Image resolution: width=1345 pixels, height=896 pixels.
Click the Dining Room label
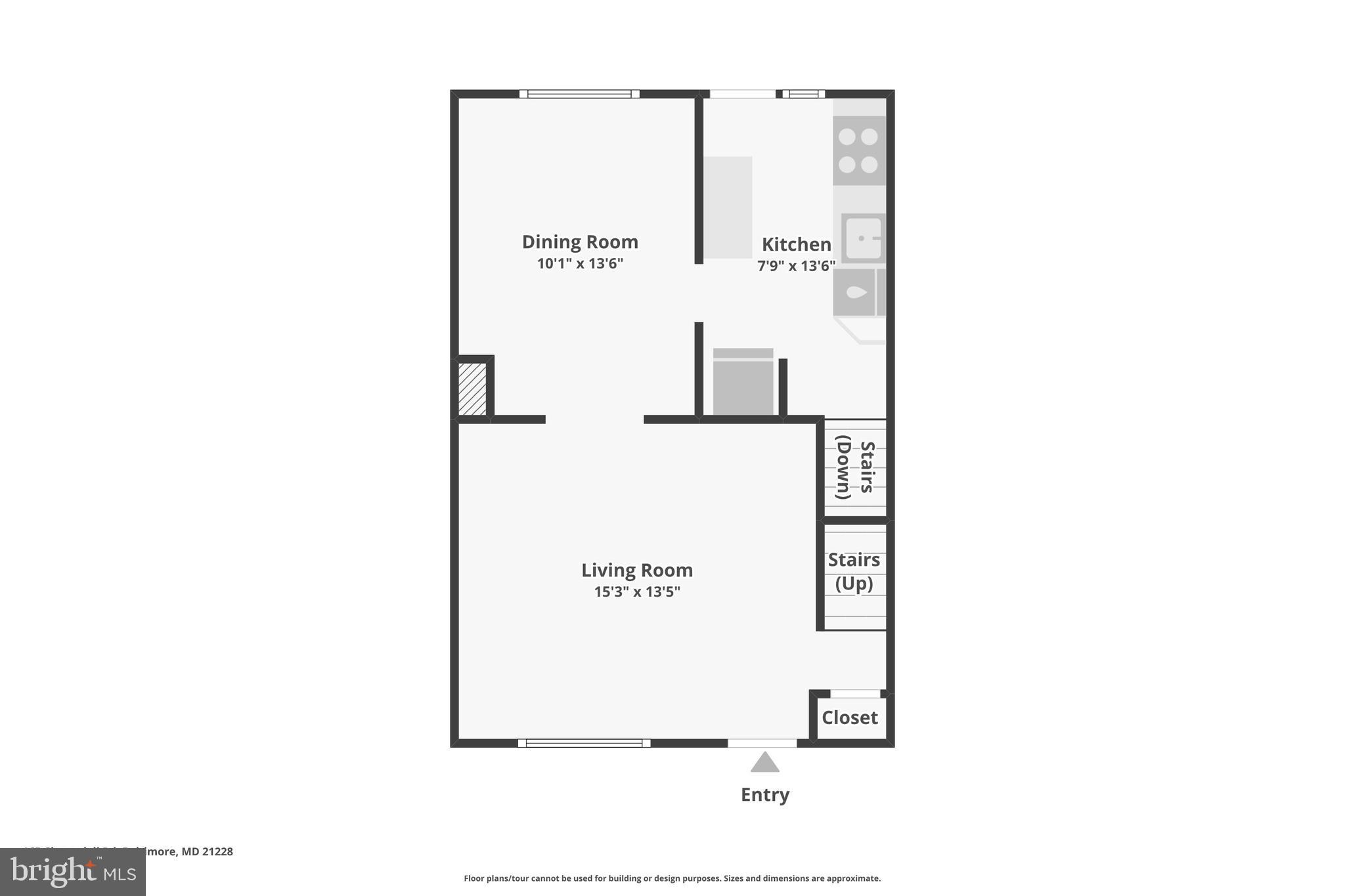[x=580, y=242]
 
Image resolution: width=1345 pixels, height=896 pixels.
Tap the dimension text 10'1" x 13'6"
[x=580, y=264]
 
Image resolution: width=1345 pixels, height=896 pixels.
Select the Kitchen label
[x=796, y=245]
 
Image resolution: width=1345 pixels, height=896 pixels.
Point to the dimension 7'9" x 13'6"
[x=796, y=266]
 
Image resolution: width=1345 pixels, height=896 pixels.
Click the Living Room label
[x=636, y=570]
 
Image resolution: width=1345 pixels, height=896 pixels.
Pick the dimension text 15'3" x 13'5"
[x=636, y=592]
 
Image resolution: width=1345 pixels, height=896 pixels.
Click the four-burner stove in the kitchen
[x=858, y=150]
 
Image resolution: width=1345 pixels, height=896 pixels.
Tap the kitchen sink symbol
[x=863, y=238]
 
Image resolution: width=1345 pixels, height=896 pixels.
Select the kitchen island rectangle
[x=728, y=207]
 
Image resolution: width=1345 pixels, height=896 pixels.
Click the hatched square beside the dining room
[x=472, y=389]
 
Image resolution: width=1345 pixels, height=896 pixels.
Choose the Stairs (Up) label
[x=854, y=572]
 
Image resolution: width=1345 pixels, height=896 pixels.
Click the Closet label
[x=849, y=717]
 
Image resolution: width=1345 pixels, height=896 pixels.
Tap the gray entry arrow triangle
[x=764, y=763]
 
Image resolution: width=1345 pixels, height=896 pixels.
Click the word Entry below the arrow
[x=764, y=795]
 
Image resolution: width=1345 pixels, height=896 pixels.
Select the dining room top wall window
[x=579, y=94]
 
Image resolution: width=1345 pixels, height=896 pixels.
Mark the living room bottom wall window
[x=584, y=743]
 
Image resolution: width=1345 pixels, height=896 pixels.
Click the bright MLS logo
[x=72, y=872]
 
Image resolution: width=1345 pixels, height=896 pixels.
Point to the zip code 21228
[x=217, y=851]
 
